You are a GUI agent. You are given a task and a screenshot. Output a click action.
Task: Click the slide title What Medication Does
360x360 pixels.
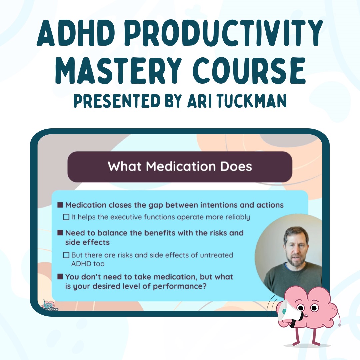[180, 166]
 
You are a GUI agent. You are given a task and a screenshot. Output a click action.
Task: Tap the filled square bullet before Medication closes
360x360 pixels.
[60, 205]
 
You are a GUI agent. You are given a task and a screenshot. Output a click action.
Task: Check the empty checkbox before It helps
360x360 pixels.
[66, 217]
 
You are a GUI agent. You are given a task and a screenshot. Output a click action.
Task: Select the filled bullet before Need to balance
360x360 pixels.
[60, 233]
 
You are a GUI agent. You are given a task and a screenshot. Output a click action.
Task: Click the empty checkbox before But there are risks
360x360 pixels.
[66, 255]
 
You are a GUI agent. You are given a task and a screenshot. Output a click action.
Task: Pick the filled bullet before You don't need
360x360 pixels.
[60, 276]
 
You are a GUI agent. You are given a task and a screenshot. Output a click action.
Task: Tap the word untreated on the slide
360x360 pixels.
[217, 255]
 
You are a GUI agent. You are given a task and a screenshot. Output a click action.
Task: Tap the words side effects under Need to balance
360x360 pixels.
[87, 242]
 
